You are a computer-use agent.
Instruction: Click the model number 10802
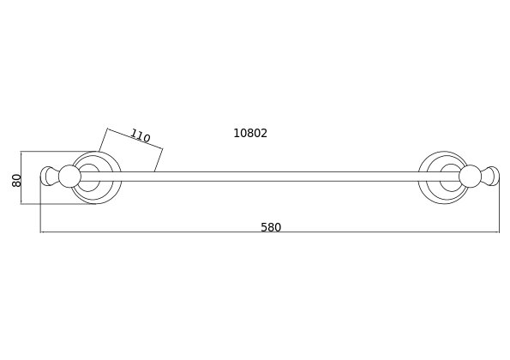[250, 134]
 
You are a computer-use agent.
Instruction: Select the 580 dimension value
[271, 227]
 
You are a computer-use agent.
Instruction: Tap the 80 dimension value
[16, 181]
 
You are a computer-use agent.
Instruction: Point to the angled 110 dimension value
[141, 136]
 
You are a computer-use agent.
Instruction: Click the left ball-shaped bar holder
[69, 177]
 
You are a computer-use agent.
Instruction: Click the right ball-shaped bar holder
[470, 177]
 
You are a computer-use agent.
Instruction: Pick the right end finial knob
[489, 177]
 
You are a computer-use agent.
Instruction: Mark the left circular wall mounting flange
[96, 153]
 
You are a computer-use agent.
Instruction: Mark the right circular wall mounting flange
[444, 153]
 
